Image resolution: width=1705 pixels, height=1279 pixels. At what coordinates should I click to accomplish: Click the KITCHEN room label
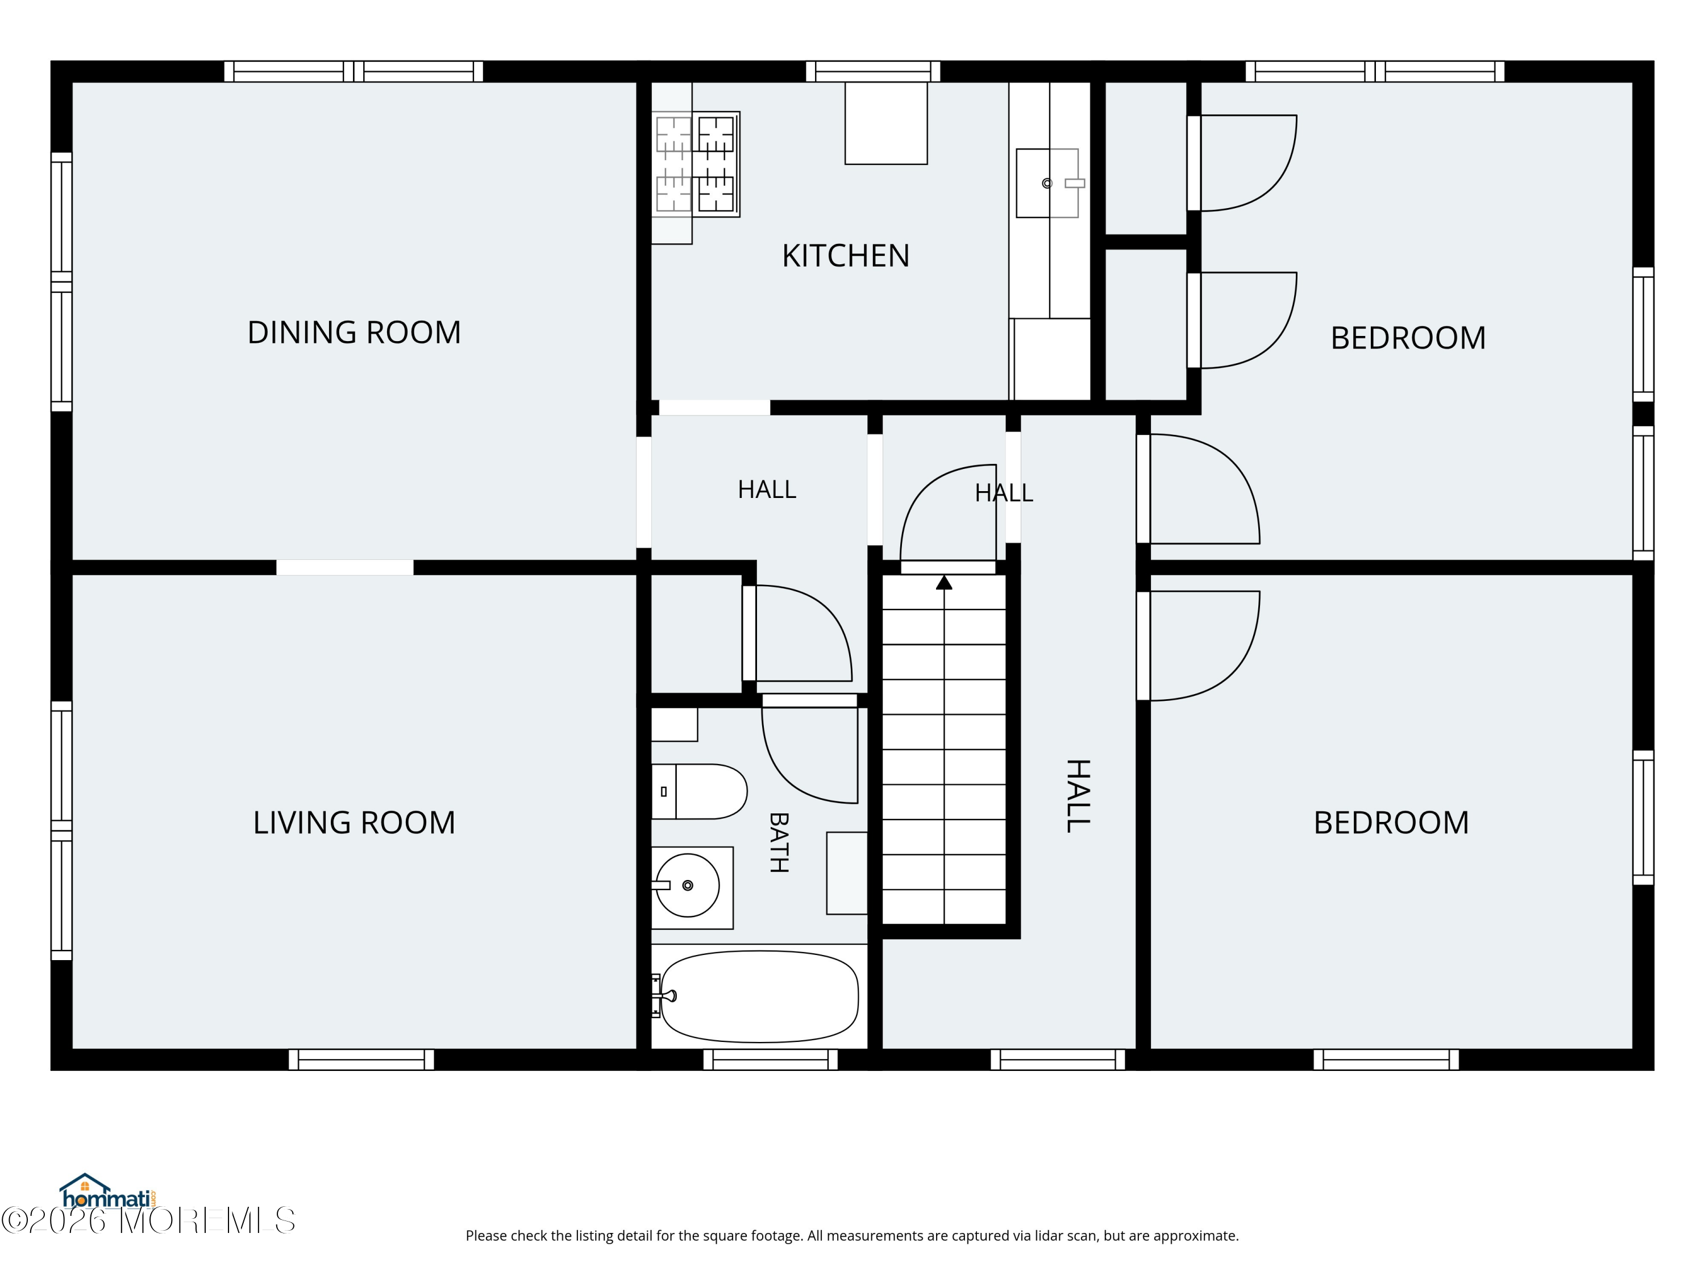(x=846, y=256)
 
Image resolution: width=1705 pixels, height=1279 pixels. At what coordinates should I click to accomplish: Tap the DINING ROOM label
(x=354, y=333)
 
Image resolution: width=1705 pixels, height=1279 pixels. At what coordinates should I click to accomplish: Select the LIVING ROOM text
(x=354, y=823)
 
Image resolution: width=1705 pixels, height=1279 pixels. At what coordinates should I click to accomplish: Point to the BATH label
(x=779, y=842)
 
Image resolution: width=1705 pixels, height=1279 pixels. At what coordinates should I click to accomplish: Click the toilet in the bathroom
(x=699, y=791)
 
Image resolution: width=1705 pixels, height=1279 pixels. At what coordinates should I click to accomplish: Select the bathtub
(x=759, y=996)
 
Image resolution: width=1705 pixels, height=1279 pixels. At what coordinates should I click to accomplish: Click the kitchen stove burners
(x=695, y=164)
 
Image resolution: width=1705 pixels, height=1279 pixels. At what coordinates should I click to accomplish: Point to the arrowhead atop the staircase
(x=944, y=582)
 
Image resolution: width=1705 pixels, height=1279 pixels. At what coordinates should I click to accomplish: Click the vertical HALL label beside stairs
(x=1078, y=796)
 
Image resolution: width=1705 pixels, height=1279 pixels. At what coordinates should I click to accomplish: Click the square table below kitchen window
(x=885, y=123)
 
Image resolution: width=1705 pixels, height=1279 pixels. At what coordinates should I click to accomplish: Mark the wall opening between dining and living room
(x=344, y=567)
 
